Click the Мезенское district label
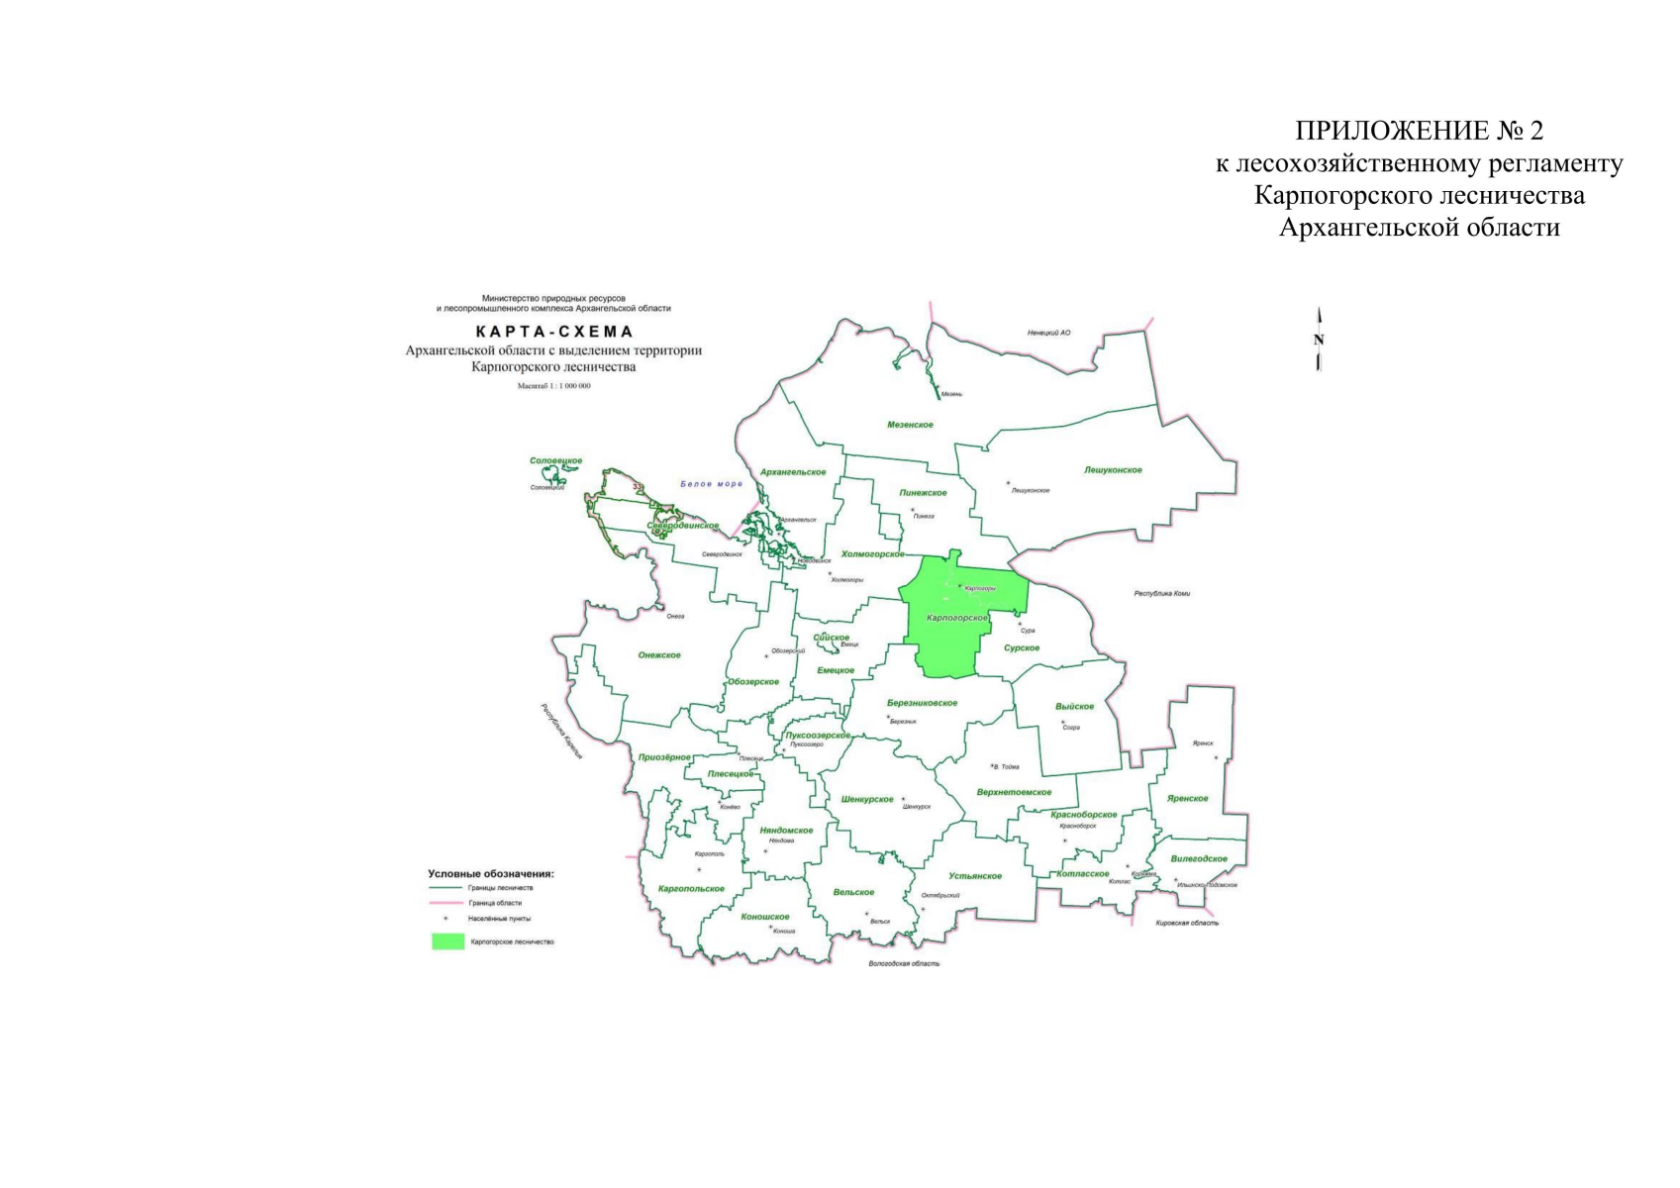click(x=910, y=425)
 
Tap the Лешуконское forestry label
click(x=1113, y=470)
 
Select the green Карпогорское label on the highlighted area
click(x=956, y=618)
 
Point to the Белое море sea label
click(x=711, y=484)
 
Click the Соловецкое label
click(x=555, y=461)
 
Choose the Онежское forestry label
click(x=659, y=655)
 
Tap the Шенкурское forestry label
click(x=866, y=799)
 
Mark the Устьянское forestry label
click(x=975, y=876)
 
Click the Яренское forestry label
click(x=1187, y=798)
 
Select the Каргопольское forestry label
click(x=691, y=889)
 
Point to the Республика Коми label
click(x=1161, y=594)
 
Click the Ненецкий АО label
click(x=1048, y=333)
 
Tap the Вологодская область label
click(x=904, y=963)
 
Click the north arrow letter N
click(x=1318, y=340)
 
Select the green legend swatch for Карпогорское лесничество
click(x=447, y=941)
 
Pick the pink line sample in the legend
click(x=447, y=903)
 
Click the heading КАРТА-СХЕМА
click(x=553, y=332)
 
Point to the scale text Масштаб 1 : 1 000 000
click(x=553, y=386)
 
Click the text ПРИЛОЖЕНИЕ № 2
click(x=1419, y=131)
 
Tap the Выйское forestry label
click(x=1074, y=707)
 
